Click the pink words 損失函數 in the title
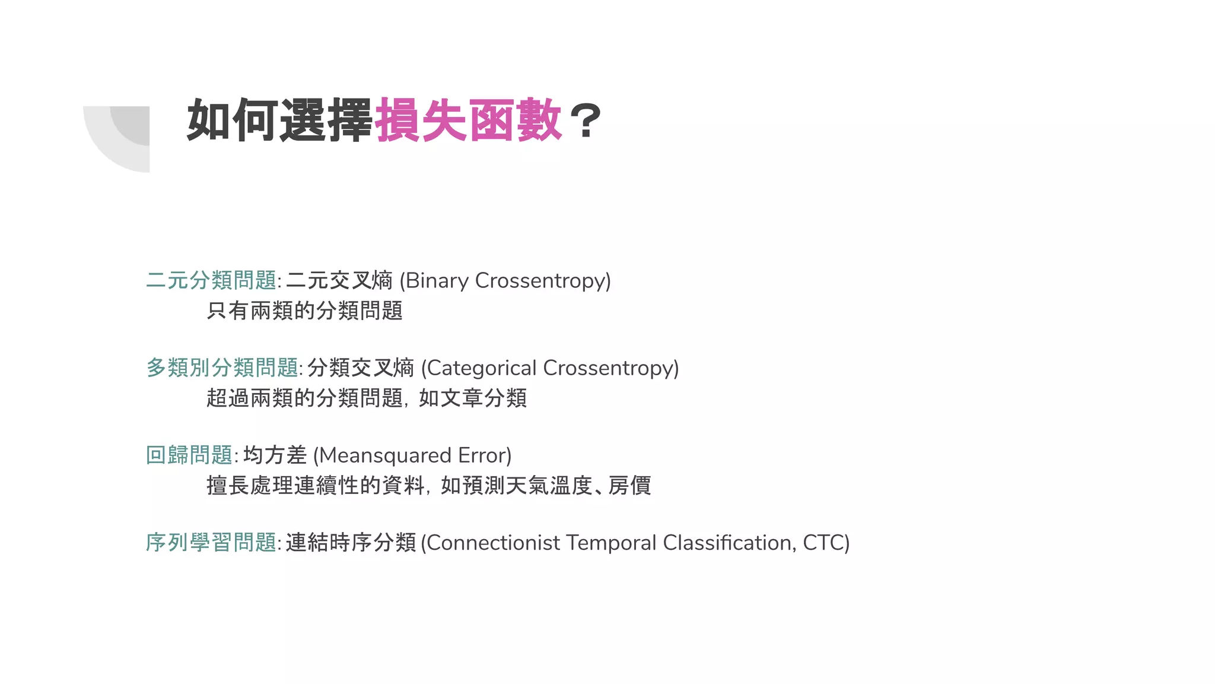[x=468, y=121]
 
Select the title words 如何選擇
[x=279, y=121]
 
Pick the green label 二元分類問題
[x=211, y=280]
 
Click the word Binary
[x=437, y=280]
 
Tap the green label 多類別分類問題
[x=222, y=368]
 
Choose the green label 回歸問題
[x=189, y=455]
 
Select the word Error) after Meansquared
[x=485, y=455]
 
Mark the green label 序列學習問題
[x=211, y=543]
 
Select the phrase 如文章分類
[x=473, y=398]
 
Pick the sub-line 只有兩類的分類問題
[x=304, y=311]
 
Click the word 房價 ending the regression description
[x=629, y=486]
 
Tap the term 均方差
[x=275, y=455]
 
